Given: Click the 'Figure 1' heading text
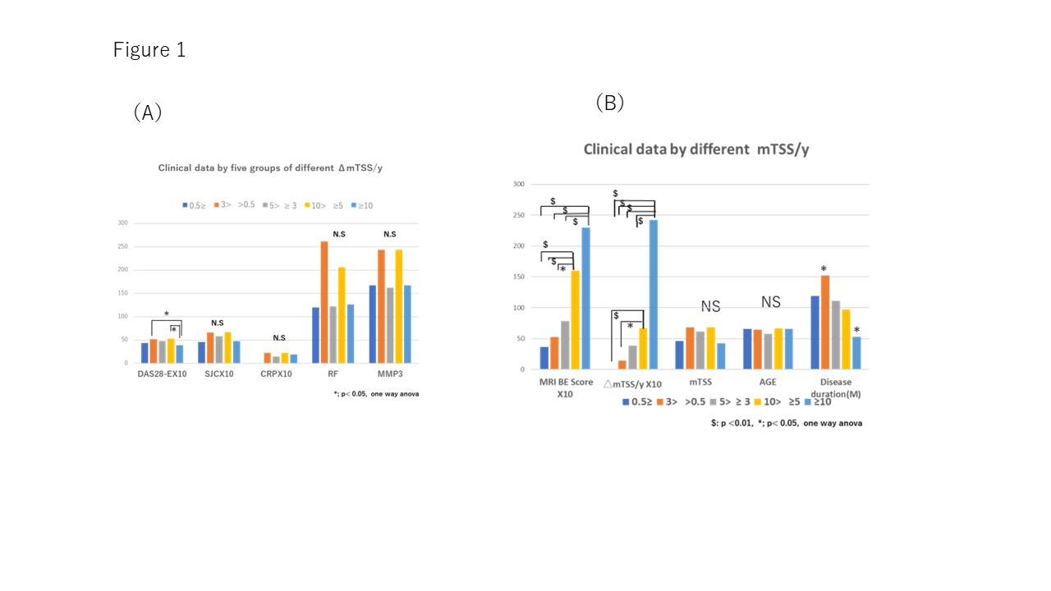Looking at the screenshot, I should [x=149, y=50].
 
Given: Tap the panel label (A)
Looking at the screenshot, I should [x=148, y=112].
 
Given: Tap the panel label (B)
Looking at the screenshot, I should [x=610, y=103].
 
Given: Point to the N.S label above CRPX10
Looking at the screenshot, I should [x=279, y=338].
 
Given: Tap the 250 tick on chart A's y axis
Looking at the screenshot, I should [x=122, y=246].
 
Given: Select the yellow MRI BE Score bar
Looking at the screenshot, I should [x=575, y=320].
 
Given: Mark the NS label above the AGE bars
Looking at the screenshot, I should [x=770, y=302].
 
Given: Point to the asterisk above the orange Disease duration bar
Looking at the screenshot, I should [x=824, y=269].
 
